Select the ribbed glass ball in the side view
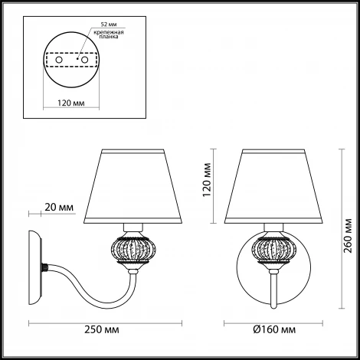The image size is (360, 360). coord(131,250)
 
